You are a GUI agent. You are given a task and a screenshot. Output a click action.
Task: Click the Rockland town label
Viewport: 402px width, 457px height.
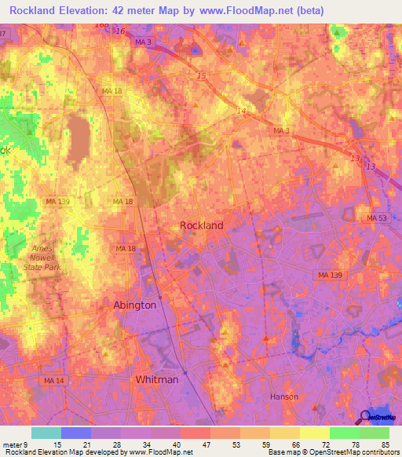click(x=202, y=225)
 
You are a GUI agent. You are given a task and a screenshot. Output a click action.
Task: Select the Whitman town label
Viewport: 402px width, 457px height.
click(x=157, y=379)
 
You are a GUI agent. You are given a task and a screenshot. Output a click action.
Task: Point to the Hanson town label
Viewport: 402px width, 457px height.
click(x=283, y=397)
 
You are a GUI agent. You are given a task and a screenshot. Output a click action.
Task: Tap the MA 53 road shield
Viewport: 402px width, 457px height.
click(x=378, y=218)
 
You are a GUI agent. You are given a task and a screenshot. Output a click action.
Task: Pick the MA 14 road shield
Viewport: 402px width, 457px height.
click(x=53, y=381)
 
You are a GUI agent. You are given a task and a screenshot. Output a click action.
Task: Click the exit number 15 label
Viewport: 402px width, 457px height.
click(x=201, y=76)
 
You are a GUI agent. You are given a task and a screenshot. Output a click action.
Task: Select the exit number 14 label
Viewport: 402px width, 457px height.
click(x=241, y=112)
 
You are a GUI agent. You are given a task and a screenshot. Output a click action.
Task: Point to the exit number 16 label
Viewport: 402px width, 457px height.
click(x=120, y=31)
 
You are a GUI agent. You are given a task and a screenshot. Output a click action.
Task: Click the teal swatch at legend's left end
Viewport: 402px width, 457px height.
click(x=46, y=433)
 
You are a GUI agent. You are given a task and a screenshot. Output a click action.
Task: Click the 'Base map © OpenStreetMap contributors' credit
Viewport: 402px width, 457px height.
click(x=333, y=452)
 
